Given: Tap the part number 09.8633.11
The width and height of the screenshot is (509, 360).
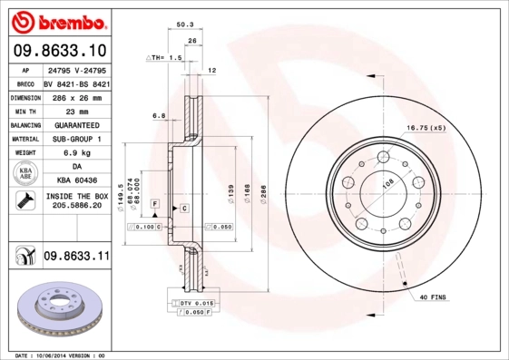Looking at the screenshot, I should (x=76, y=258).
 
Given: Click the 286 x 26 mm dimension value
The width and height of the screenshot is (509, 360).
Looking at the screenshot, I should (x=76, y=97).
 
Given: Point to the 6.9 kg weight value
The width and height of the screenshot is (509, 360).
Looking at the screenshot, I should (x=76, y=153).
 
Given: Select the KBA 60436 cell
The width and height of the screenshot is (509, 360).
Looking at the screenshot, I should (x=76, y=181).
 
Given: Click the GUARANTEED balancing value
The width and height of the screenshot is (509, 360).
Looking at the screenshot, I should (x=76, y=125).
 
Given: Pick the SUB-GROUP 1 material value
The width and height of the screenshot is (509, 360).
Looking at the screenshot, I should (x=76, y=139).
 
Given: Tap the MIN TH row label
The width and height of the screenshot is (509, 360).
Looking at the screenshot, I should (x=24, y=111).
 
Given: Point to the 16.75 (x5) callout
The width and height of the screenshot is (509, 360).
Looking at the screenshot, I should (x=426, y=128).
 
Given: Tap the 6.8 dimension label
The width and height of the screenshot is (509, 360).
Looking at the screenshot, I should (x=158, y=115).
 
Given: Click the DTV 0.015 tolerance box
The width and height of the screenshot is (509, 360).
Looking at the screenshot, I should (x=192, y=303).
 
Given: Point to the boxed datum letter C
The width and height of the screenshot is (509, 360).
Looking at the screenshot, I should (x=184, y=209).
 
